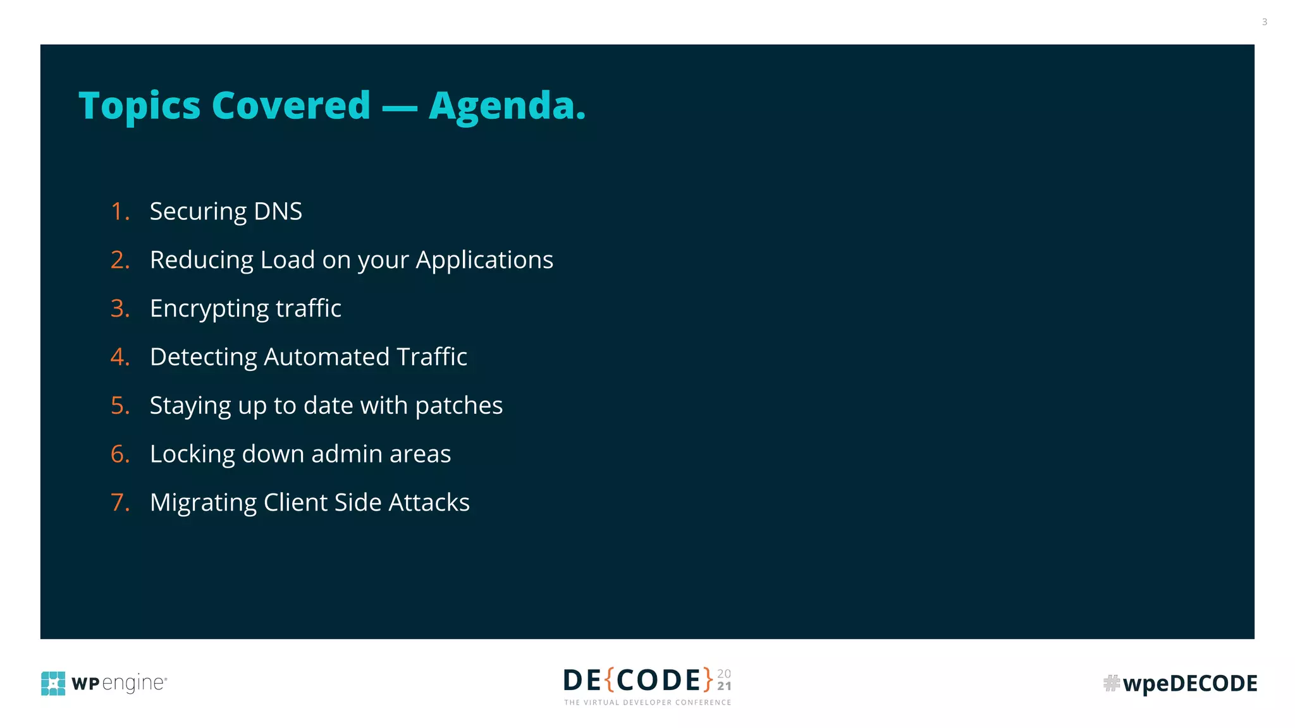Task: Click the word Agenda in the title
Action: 506,106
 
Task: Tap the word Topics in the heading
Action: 139,106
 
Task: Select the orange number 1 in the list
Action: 118,211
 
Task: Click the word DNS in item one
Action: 278,211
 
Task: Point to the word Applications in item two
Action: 484,260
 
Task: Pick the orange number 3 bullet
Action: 120,308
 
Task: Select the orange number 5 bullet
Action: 120,406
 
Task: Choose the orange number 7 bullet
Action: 120,502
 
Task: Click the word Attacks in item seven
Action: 429,502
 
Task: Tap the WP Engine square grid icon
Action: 53,683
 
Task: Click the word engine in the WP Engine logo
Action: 133,683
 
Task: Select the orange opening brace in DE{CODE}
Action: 610,680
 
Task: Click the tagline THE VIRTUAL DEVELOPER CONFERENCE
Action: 647,702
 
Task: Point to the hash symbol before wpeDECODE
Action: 1111,683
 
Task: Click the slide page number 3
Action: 1264,22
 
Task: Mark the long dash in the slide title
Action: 400,107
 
